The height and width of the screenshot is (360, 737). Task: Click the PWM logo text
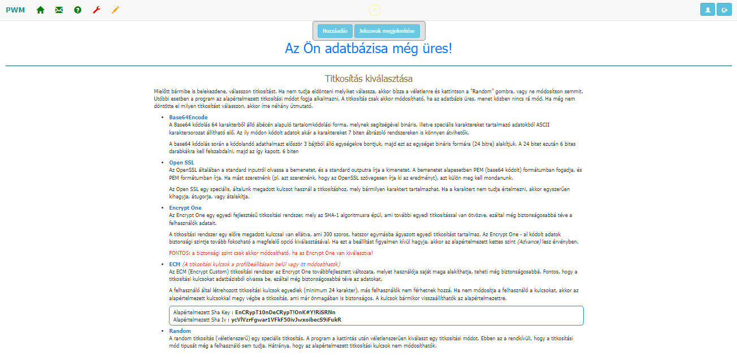click(x=15, y=10)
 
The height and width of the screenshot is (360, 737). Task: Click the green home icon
click(x=40, y=10)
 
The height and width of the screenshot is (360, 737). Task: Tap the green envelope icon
click(x=59, y=10)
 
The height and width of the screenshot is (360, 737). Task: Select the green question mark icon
click(x=77, y=10)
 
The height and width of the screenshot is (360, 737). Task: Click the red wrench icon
click(x=96, y=10)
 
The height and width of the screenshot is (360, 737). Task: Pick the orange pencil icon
click(x=115, y=10)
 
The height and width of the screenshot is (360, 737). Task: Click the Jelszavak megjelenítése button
click(x=387, y=31)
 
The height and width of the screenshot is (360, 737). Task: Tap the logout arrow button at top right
click(x=723, y=10)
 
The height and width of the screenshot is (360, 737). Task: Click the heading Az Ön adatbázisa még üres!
click(x=368, y=49)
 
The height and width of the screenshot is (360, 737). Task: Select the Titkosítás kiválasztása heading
click(x=368, y=78)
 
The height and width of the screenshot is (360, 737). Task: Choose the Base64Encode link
click(x=188, y=118)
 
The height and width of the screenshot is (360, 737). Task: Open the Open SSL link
click(x=181, y=163)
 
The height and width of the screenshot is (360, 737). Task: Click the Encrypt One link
click(x=185, y=208)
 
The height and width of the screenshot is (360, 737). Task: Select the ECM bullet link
click(x=175, y=264)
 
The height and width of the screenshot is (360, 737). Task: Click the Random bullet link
click(x=180, y=331)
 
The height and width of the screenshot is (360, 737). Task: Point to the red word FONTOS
click(x=180, y=253)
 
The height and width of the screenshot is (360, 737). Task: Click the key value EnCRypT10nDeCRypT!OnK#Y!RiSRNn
click(x=285, y=312)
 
